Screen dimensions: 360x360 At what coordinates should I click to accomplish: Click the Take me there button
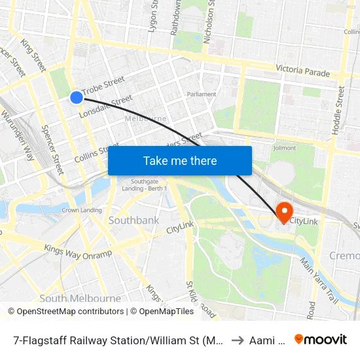180,160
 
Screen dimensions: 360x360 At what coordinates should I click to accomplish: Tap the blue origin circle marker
77,97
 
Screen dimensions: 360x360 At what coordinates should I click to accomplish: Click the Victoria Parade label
302,69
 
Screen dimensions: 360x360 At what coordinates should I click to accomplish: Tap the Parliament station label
202,94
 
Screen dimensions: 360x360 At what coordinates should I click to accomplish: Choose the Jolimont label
285,148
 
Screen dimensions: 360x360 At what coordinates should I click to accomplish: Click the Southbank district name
134,220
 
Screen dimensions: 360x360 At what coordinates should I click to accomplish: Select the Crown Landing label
81,210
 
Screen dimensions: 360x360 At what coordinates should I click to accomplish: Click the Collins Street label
97,153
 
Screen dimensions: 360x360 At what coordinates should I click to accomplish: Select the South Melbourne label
81,298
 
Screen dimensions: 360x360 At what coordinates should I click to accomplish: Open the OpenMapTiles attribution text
162,312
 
